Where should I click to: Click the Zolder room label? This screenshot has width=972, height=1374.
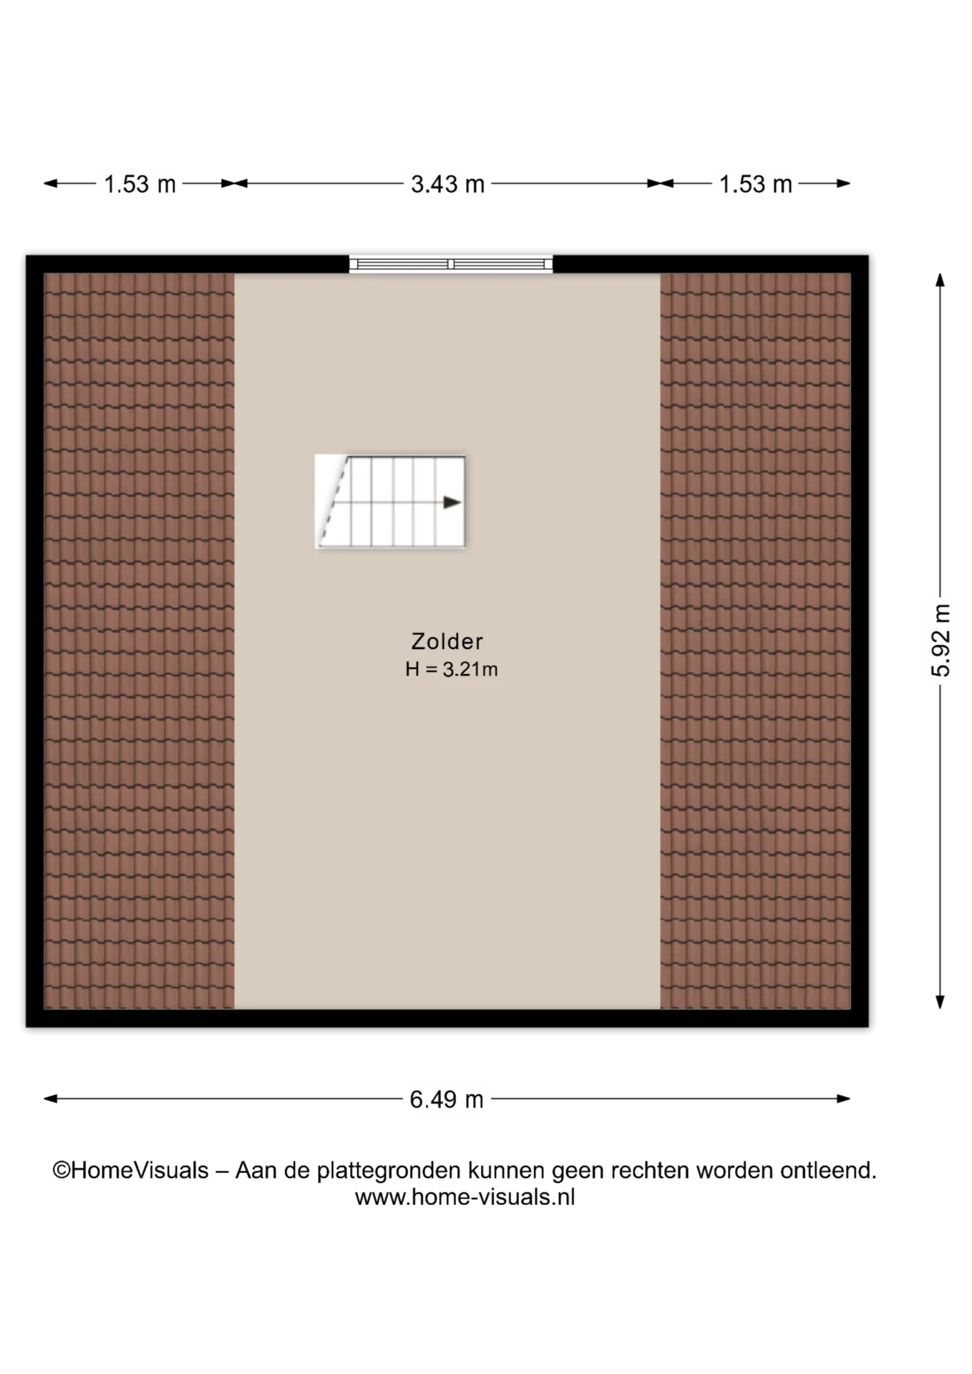(x=447, y=641)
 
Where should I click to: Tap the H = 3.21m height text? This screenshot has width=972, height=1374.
(x=451, y=669)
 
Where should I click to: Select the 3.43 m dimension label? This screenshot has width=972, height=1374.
(x=447, y=185)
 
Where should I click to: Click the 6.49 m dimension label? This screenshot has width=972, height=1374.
(x=447, y=1099)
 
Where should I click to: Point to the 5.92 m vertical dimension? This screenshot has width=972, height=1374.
(x=941, y=640)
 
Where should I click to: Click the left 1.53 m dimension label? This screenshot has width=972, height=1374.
(x=140, y=185)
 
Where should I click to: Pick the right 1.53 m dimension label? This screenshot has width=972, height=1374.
(x=755, y=185)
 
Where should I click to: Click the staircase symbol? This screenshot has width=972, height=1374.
(x=390, y=502)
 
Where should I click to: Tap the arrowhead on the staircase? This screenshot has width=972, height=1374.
(x=452, y=502)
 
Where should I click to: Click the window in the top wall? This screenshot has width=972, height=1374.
(x=451, y=264)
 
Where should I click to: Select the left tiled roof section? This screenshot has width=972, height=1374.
(x=139, y=640)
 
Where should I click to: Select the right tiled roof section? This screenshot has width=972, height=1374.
(x=755, y=640)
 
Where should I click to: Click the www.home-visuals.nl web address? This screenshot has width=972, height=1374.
(x=465, y=1197)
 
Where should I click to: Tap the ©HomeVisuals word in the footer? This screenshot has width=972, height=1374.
(x=130, y=1171)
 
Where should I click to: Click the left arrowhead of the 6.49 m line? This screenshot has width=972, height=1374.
(x=51, y=1098)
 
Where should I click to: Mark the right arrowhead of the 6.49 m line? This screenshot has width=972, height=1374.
(x=843, y=1098)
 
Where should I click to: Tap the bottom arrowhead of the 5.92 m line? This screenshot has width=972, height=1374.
(x=941, y=1002)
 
